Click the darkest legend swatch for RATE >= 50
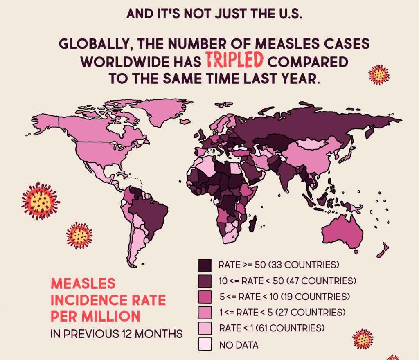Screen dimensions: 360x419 tap(205, 265)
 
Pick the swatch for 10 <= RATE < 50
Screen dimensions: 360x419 tap(205, 281)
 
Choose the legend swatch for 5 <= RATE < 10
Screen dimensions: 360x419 tap(205, 297)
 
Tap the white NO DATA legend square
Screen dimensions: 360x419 tap(205, 344)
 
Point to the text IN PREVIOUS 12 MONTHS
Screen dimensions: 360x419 tap(116, 334)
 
